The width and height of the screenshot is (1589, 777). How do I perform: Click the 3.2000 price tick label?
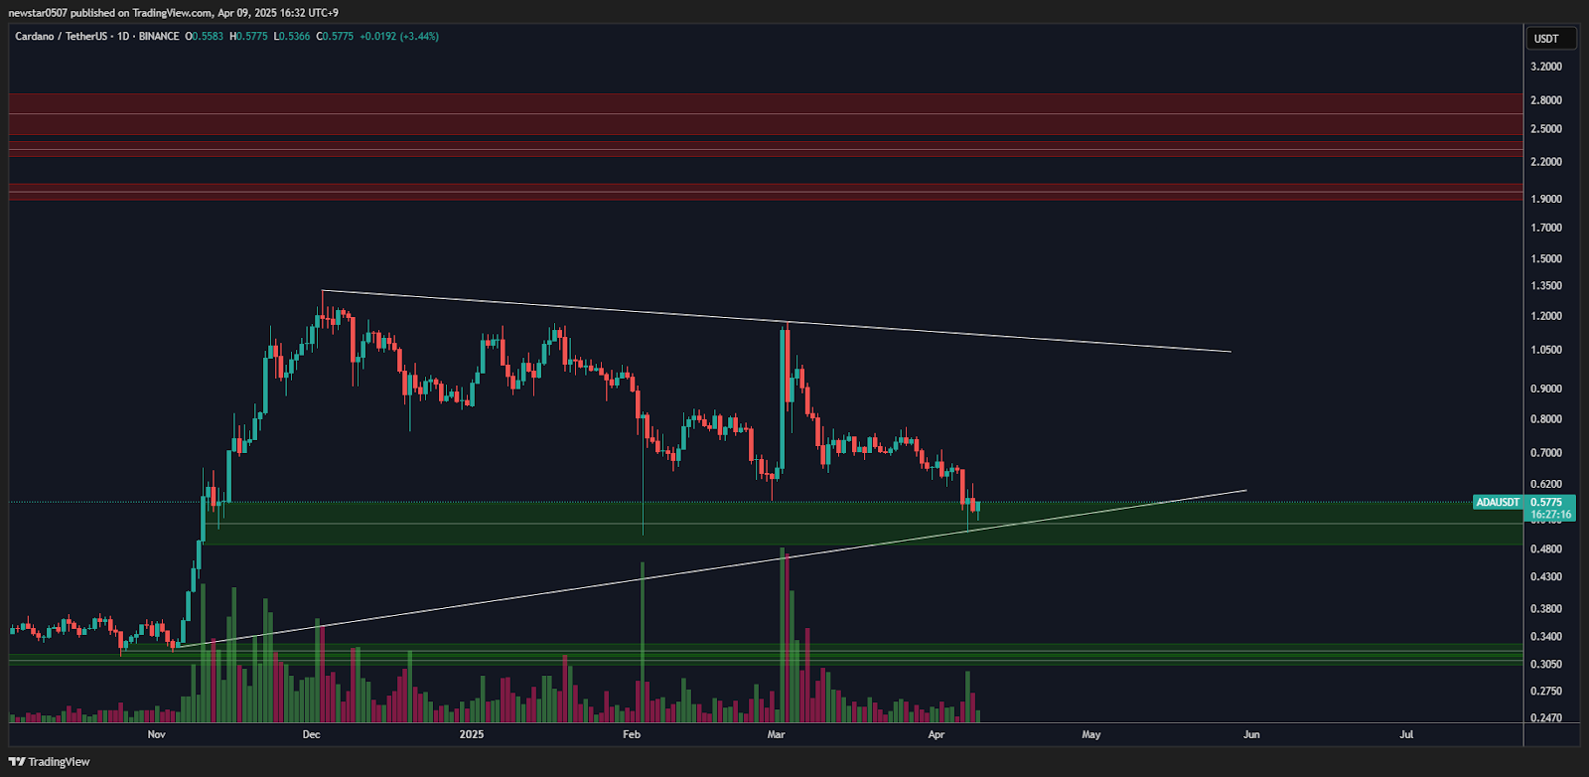click(x=1545, y=67)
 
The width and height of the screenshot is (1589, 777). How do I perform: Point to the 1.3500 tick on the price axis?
click(x=1545, y=286)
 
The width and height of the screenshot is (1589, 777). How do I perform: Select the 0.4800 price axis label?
click(x=1545, y=549)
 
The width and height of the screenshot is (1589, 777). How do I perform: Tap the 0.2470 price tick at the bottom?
click(x=1545, y=718)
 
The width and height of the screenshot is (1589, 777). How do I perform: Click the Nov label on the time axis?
click(x=156, y=735)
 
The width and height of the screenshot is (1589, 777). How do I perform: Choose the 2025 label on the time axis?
click(x=472, y=735)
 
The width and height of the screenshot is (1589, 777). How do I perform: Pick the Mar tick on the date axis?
click(x=777, y=735)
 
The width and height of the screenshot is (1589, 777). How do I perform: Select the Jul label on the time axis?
click(x=1406, y=735)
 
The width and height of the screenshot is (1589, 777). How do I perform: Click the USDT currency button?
click(x=1546, y=39)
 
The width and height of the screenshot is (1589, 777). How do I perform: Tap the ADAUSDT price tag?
click(x=1498, y=503)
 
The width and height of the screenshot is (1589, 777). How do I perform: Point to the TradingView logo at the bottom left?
click(x=49, y=762)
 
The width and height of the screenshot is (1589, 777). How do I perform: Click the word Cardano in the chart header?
click(x=36, y=37)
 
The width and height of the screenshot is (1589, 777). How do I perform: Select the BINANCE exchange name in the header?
click(x=159, y=37)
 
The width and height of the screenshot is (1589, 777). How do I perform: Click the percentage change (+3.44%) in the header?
click(x=419, y=37)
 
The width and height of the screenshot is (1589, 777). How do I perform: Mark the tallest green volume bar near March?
click(x=783, y=636)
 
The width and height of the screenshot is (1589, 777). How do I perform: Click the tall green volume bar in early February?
click(x=643, y=642)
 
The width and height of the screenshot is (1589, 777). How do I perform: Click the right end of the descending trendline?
click(x=1230, y=352)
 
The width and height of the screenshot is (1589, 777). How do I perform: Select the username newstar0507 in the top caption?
click(x=38, y=13)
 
